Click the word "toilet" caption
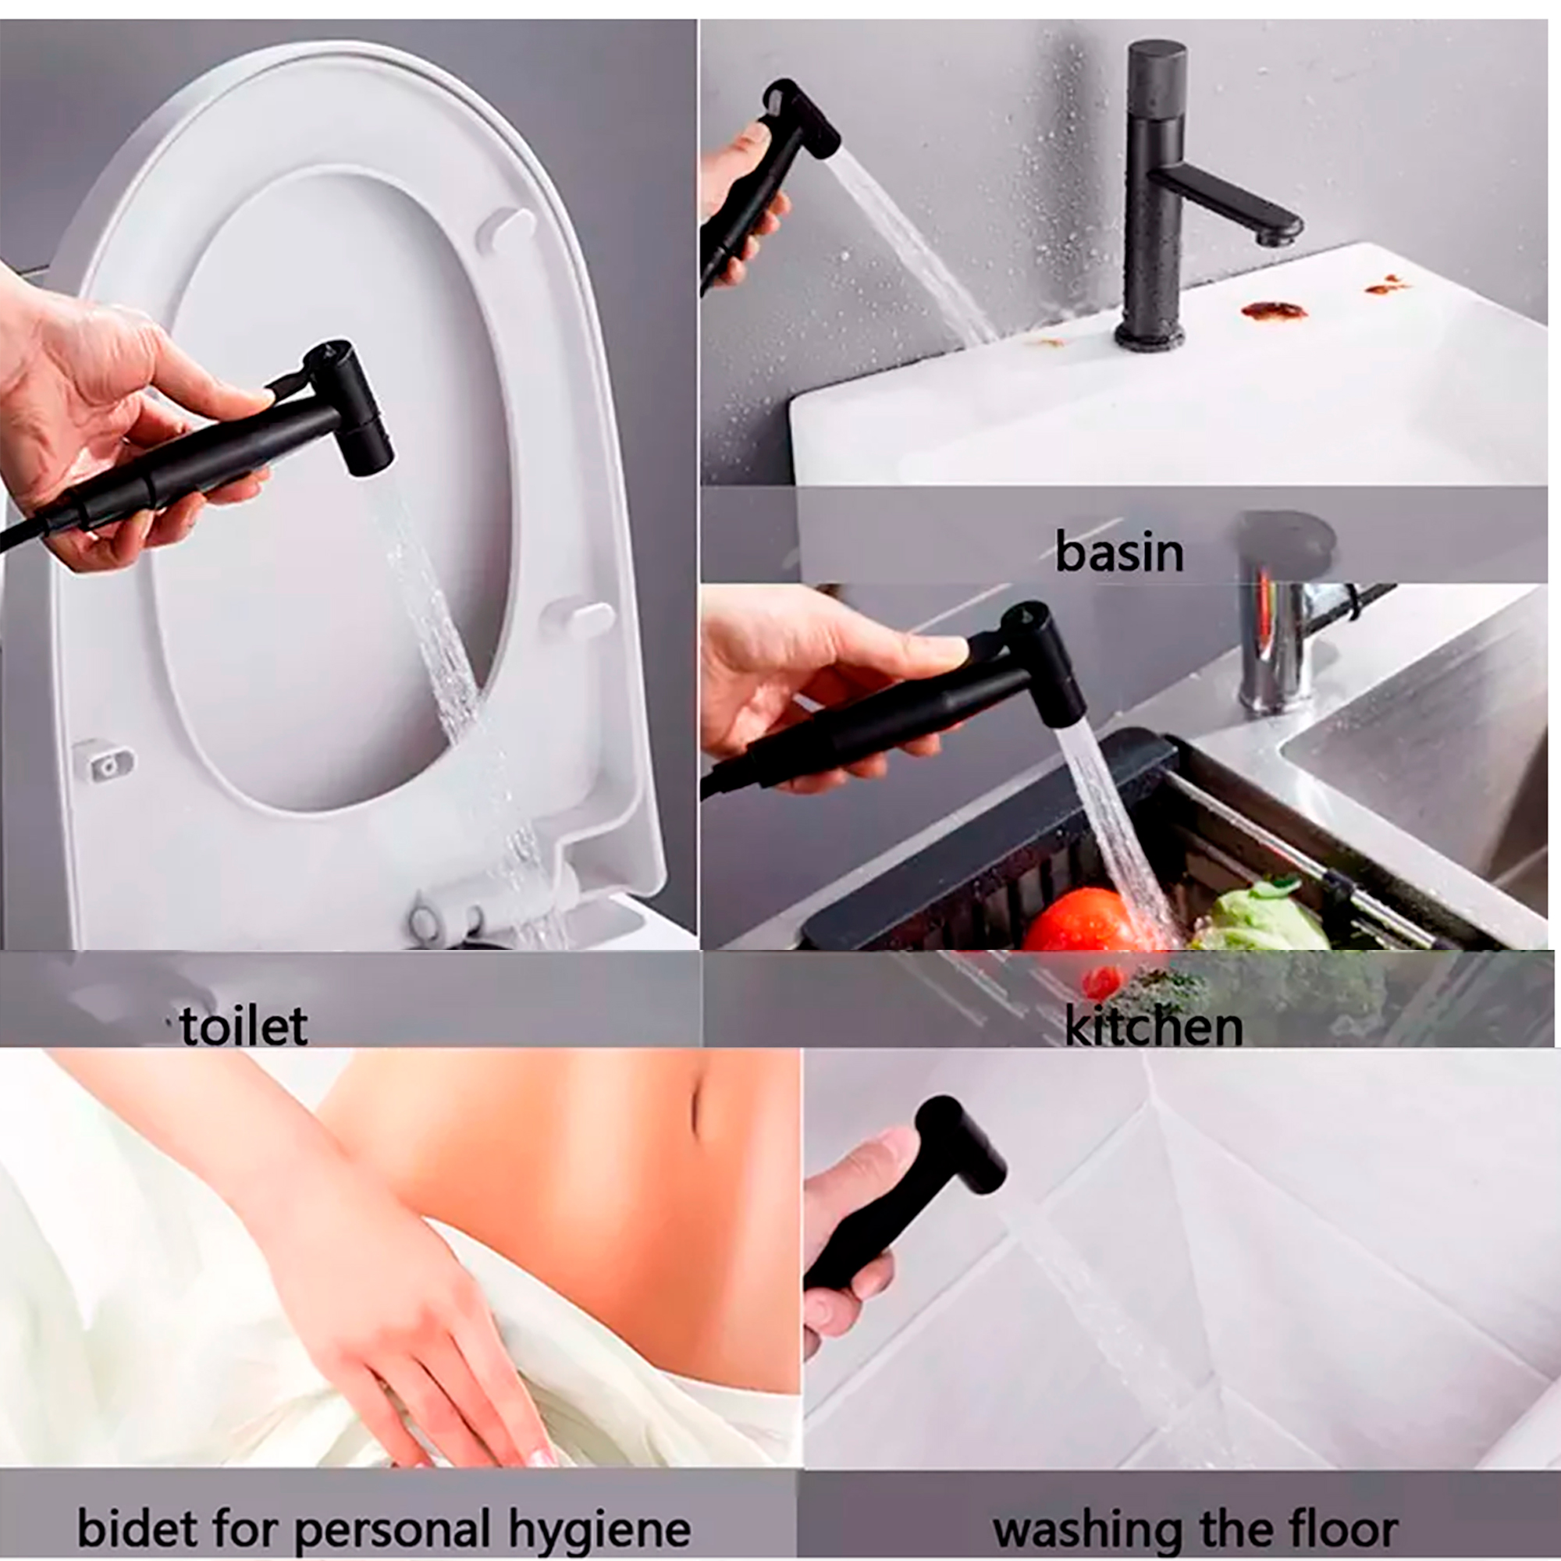point(244,1026)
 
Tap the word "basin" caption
point(1119,553)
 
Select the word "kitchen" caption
point(1153,1026)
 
